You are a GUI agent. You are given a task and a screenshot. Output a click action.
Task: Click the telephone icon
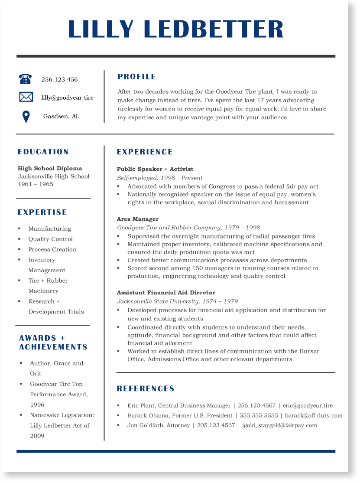coord(26,79)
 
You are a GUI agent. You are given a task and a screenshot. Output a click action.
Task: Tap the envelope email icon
coord(26,97)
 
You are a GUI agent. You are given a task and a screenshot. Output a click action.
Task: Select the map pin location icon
coord(26,117)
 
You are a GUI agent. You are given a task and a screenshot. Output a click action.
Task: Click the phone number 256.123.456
coord(59,79)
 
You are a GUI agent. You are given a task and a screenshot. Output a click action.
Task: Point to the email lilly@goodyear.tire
coord(67,98)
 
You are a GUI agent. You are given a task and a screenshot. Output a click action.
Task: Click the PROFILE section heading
coord(136,77)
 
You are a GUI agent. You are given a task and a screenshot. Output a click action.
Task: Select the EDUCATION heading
coord(43,152)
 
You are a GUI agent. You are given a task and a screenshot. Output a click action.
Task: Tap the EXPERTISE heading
coord(42,212)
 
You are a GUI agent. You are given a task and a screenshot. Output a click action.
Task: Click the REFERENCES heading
coord(146,388)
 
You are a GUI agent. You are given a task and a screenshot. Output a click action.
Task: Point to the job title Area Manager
coord(138,219)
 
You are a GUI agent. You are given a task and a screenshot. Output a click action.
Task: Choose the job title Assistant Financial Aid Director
coord(166,293)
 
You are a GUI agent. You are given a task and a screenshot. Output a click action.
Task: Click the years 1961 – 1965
coord(36,184)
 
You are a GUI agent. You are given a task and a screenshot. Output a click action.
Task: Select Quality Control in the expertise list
coord(51,239)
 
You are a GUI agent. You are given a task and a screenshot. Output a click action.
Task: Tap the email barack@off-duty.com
coord(314,415)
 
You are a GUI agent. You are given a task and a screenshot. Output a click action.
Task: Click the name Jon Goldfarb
coord(146,425)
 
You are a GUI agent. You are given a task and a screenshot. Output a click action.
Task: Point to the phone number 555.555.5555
coord(259,415)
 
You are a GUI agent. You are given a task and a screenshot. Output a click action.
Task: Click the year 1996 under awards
coord(37,405)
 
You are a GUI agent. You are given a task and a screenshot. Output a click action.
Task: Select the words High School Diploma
coord(50,168)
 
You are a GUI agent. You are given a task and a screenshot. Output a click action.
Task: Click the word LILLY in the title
coord(101,29)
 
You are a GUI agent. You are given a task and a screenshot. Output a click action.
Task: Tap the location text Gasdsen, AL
coord(61,116)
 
